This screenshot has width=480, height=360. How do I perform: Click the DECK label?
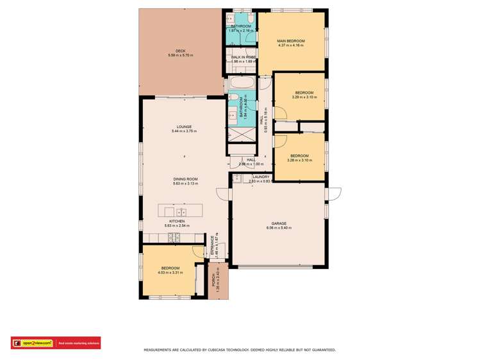180,51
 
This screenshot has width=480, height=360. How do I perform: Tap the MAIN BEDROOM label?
290,41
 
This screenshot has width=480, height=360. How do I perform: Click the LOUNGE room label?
185,127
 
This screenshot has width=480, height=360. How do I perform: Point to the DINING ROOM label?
185,179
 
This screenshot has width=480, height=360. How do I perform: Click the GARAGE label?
277,224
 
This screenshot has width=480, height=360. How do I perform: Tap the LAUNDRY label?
261,177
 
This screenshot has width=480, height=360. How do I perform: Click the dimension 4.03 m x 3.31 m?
170,272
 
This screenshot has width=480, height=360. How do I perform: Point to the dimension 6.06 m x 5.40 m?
277,228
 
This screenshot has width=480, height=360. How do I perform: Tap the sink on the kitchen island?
181,211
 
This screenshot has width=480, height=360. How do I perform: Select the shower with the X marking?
242,136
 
